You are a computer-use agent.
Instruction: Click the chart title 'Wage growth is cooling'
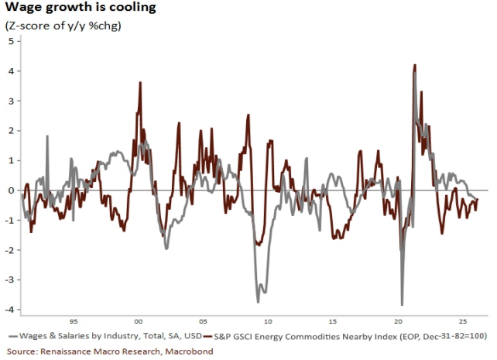click(81, 7)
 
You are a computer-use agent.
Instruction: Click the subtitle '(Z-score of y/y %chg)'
click(63, 26)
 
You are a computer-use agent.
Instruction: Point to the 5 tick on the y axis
click(11, 41)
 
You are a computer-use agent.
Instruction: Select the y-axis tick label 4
click(11, 71)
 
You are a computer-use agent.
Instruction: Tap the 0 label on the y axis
click(12, 190)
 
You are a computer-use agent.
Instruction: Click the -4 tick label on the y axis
click(9, 310)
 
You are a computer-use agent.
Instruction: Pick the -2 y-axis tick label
click(9, 250)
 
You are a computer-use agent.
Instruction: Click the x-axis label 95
click(74, 321)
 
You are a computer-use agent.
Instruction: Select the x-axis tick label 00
click(139, 321)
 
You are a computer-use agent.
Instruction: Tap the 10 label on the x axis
click(268, 321)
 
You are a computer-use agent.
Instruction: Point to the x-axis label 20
click(398, 321)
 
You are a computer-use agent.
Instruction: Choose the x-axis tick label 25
click(463, 321)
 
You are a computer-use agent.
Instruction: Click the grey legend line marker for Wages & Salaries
click(13, 336)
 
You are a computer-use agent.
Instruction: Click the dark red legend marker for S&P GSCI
click(207, 336)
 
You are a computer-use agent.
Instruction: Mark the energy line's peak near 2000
click(140, 82)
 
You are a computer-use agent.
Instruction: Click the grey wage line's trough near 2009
click(258, 303)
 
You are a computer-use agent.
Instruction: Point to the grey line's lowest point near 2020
click(403, 305)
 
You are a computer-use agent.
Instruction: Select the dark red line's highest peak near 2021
click(415, 65)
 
